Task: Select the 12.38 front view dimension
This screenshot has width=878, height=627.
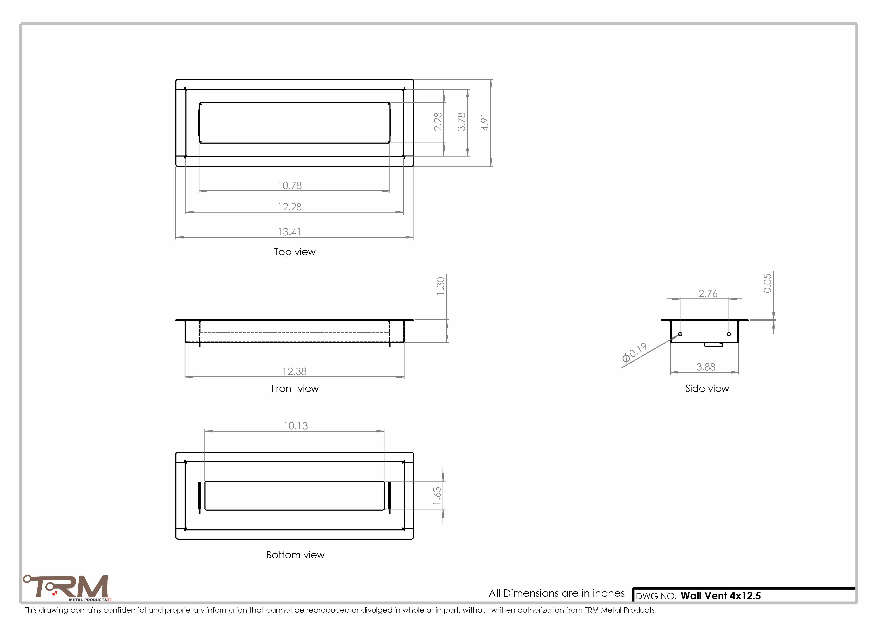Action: [x=295, y=371]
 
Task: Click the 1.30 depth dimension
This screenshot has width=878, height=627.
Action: [x=440, y=286]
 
